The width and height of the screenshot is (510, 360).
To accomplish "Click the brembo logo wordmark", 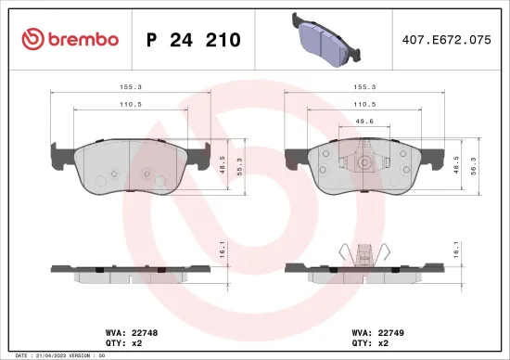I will [x=70, y=39].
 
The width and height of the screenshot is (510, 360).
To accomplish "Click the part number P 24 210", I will [x=194, y=40].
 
